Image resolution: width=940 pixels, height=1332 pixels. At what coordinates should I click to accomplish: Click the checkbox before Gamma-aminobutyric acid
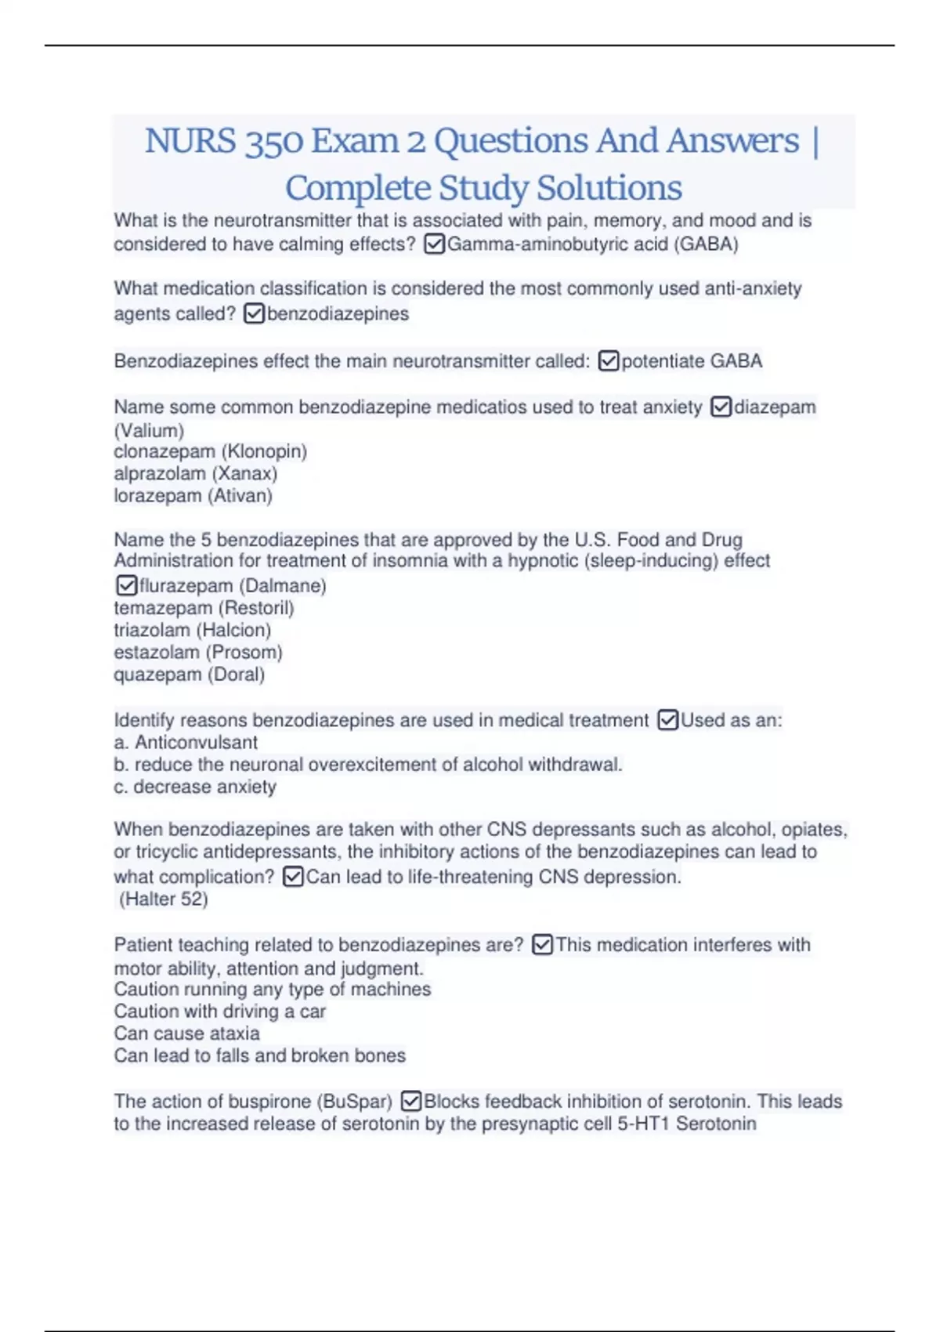[434, 244]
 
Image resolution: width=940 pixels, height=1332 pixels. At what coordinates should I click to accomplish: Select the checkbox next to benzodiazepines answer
[255, 314]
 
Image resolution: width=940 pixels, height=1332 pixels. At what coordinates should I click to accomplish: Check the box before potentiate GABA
[609, 361]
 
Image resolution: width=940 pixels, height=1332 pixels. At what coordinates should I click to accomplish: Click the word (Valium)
[149, 430]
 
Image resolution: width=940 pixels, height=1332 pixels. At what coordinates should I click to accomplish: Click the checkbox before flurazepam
[126, 585]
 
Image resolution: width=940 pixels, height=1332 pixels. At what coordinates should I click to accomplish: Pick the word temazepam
[163, 608]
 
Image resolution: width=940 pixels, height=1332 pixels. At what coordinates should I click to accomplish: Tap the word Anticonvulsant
[196, 742]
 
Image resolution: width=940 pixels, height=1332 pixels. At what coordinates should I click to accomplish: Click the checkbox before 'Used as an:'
[667, 720]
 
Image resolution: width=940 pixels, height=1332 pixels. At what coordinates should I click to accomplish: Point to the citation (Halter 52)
[164, 899]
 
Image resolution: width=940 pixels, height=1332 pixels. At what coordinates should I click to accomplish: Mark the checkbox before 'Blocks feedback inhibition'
[411, 1101]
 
